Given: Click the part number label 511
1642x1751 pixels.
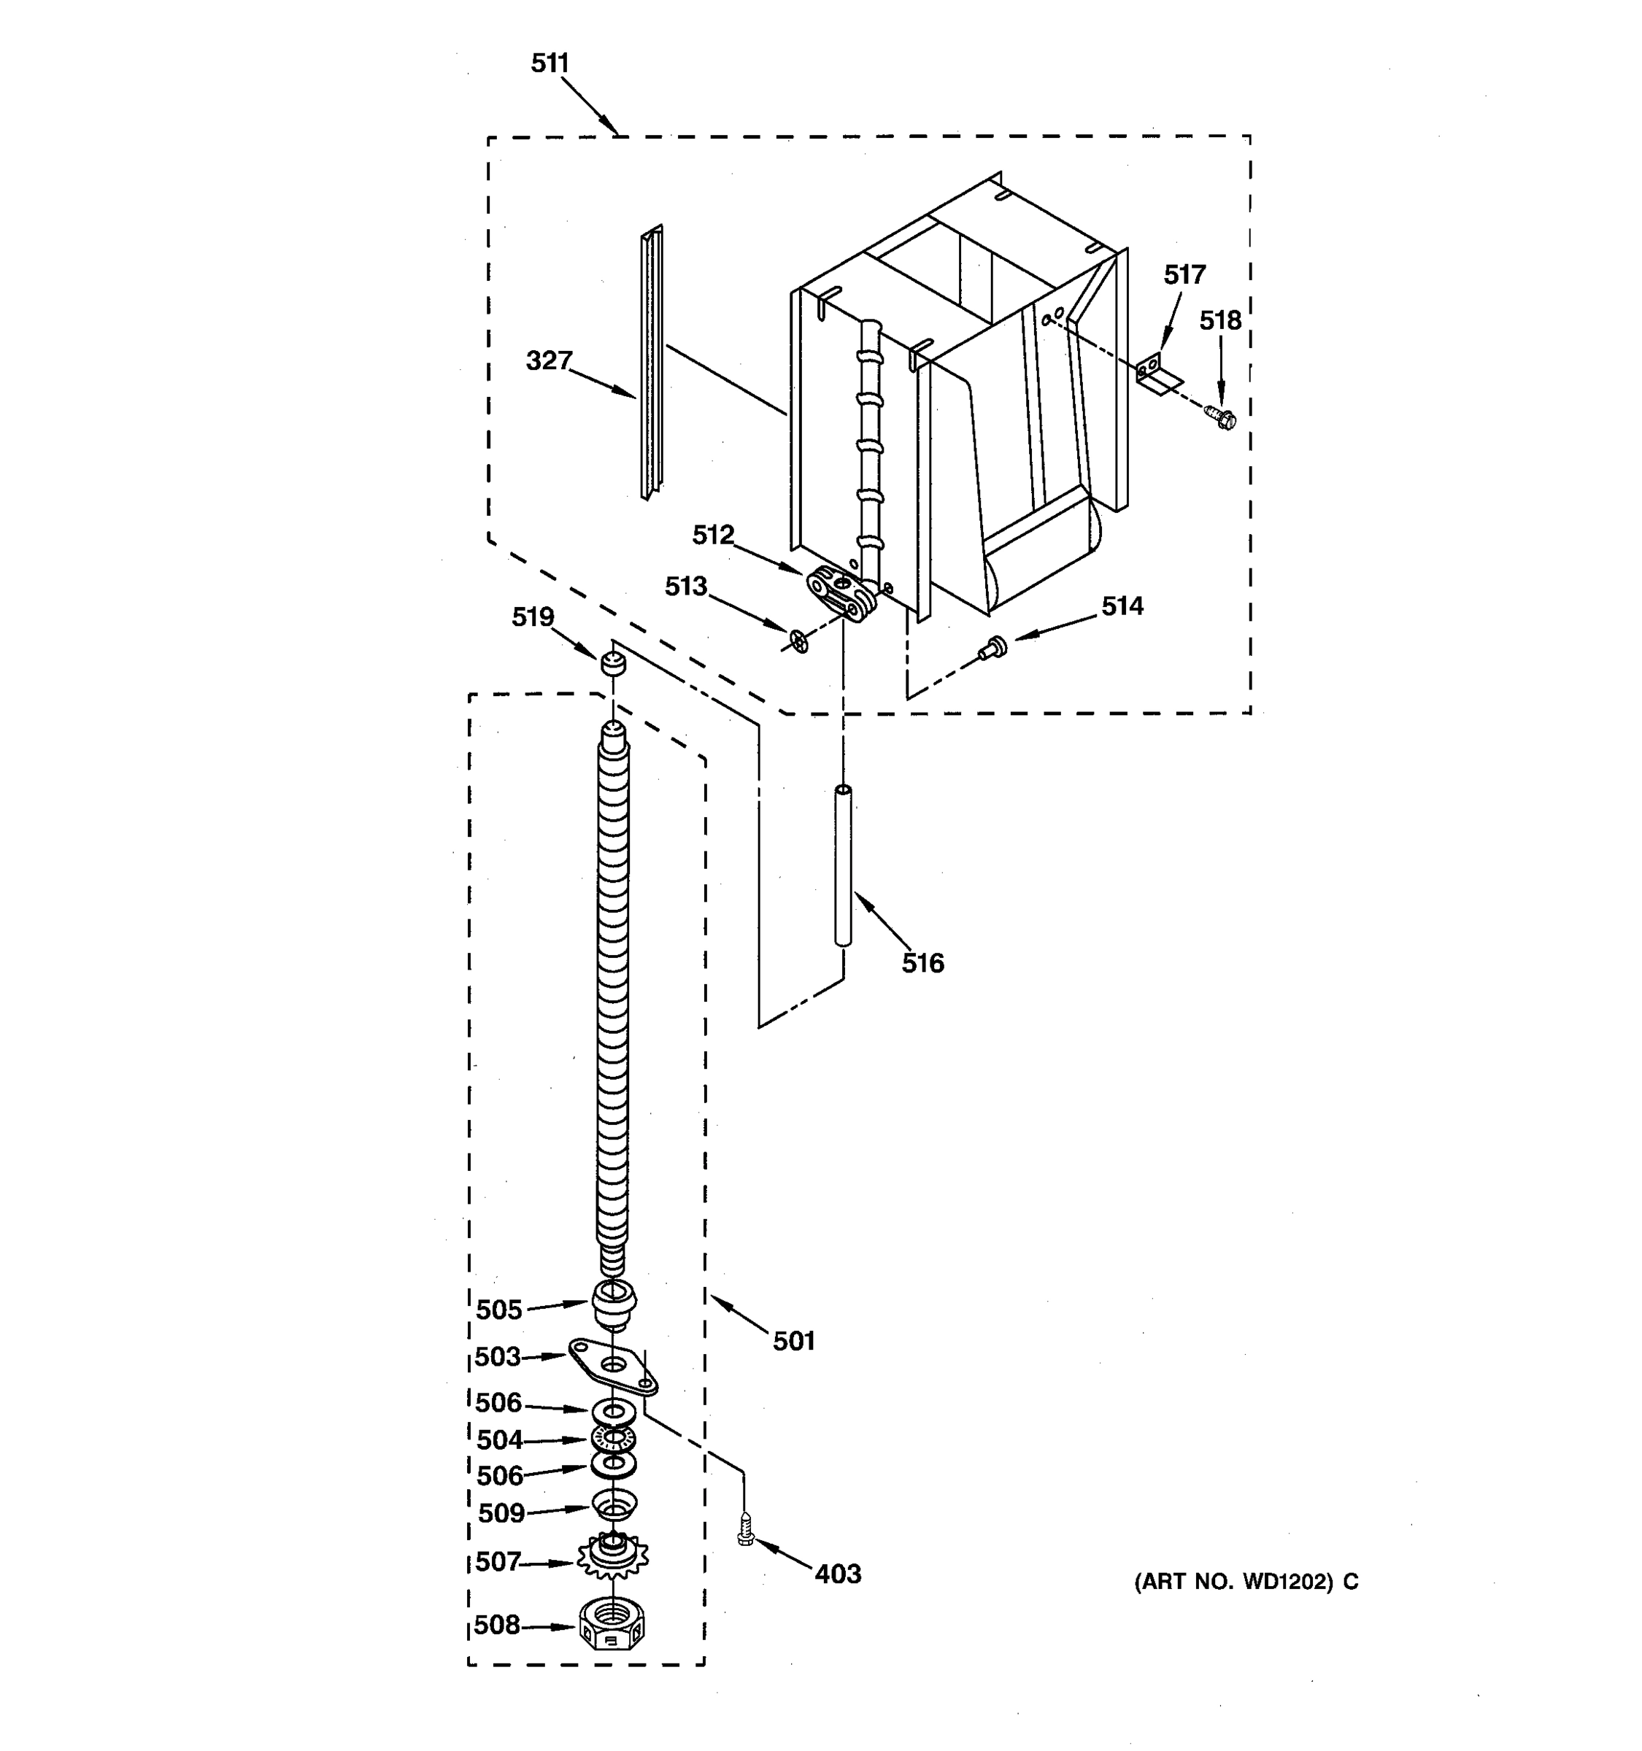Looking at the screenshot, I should coord(550,63).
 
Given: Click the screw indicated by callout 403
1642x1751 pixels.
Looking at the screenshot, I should coord(745,1530).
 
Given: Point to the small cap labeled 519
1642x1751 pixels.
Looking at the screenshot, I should coord(613,663).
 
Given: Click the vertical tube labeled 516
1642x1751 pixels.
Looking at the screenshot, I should coord(843,867).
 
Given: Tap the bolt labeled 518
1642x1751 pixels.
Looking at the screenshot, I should coord(1222,417).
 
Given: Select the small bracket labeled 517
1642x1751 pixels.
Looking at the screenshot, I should coord(1156,373).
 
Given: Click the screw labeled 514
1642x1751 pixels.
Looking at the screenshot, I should coord(992,647).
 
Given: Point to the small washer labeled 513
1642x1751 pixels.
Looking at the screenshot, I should coord(799,641).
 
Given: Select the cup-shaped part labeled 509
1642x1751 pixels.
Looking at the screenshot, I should coord(613,1503).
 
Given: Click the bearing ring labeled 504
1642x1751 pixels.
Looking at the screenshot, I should coord(613,1438).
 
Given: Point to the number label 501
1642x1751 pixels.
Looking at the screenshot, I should coord(794,1342).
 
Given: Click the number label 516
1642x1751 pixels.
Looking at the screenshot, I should coord(922,964).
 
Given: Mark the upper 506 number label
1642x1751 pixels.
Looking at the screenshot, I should coord(498,1402).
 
